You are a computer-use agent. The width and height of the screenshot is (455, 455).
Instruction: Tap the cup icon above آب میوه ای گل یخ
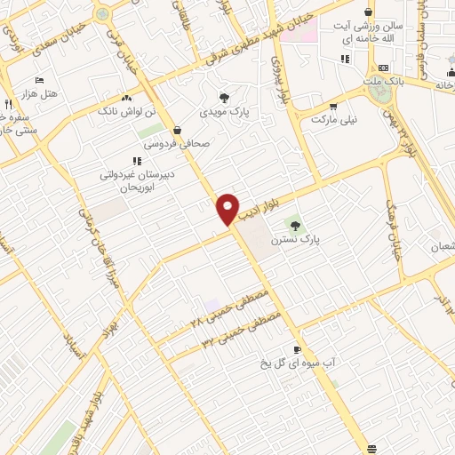(297, 350)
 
